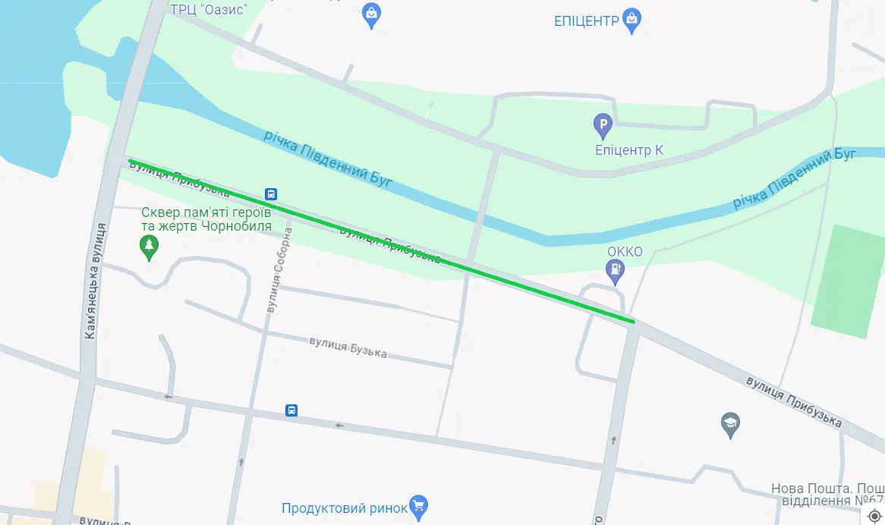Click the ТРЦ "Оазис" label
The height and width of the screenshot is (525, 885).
pos(209,8)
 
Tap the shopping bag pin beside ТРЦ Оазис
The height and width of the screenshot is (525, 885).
pos(371,14)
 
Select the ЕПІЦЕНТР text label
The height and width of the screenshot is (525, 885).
pos(587,20)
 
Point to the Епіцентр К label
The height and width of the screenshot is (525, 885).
pos(629,150)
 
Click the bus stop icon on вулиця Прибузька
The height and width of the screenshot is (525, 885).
pos(271,193)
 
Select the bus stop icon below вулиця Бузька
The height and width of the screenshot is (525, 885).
pos(291,410)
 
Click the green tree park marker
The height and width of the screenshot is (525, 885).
pos(150,246)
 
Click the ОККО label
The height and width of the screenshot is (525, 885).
pos(625,251)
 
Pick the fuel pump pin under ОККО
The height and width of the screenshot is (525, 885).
pos(615,269)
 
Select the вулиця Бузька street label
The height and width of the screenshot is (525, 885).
pos(348,347)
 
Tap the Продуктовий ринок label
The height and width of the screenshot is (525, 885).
pos(344,508)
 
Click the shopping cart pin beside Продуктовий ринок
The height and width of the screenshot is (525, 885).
pos(418,506)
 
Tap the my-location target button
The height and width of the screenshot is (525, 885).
pos(874,516)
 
